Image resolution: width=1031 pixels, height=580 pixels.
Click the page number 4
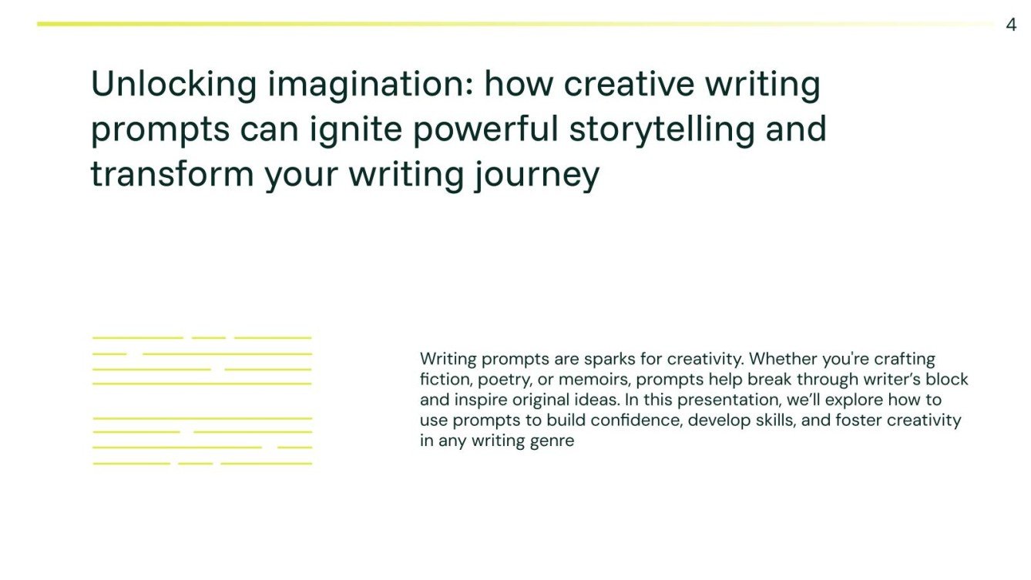[x=1011, y=25]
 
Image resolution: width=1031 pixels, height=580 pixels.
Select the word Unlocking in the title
[x=173, y=84]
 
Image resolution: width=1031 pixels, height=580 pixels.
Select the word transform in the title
[x=172, y=173]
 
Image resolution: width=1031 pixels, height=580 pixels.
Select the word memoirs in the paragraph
[x=594, y=380]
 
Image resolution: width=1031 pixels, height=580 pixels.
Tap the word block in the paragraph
[x=947, y=380]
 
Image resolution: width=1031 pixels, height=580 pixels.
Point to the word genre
[x=552, y=442]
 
